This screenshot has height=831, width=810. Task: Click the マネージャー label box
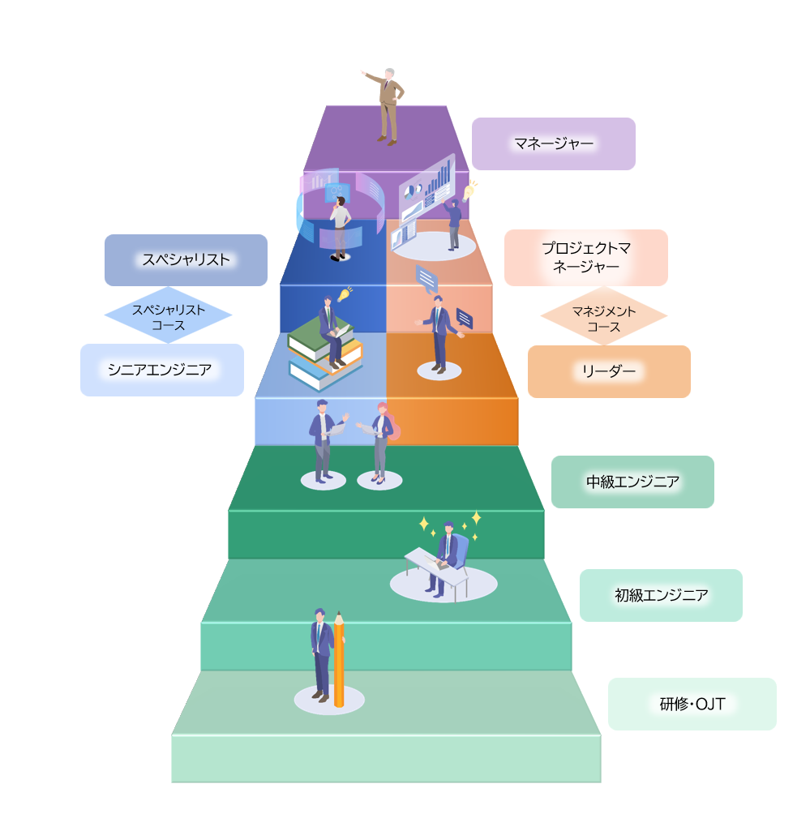click(553, 144)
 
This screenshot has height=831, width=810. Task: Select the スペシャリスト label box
click(186, 260)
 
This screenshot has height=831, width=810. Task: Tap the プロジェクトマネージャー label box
click(585, 258)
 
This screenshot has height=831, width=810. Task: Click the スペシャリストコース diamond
click(168, 315)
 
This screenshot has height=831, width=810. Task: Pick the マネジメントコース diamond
click(603, 316)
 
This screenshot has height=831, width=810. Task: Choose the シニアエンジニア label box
click(161, 370)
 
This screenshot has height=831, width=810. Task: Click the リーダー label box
click(609, 371)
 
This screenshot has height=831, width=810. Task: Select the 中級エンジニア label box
click(632, 482)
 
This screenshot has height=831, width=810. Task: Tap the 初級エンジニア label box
click(661, 595)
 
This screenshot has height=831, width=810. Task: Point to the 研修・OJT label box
click(692, 704)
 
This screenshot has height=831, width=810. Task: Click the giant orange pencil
click(339, 660)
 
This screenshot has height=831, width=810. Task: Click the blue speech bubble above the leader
click(426, 279)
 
